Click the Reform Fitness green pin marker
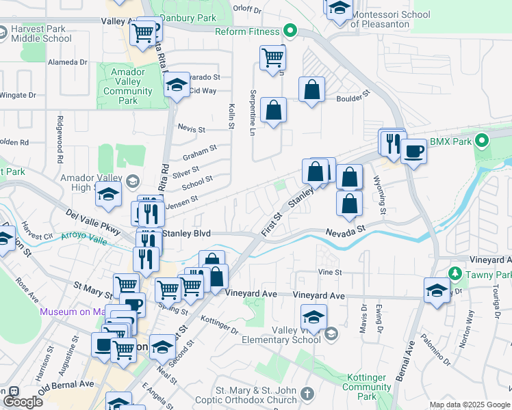[290, 31]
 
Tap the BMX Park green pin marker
[481, 141]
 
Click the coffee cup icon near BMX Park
[413, 150]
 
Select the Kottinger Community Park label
[366, 387]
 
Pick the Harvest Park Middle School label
[41, 34]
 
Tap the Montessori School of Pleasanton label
[390, 19]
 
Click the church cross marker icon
[307, 394]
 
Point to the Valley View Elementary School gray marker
[331, 333]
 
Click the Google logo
[23, 402]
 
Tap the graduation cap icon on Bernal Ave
[437, 290]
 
